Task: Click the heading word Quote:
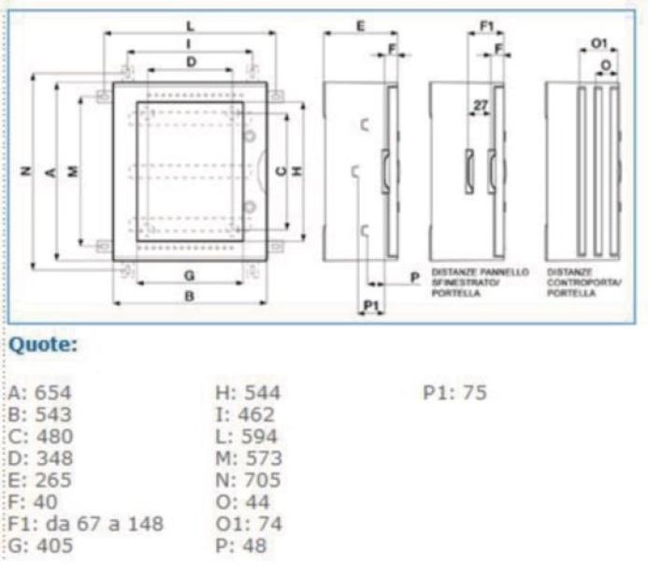pos(42,345)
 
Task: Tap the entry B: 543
pos(38,414)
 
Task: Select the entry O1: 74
pos(248,523)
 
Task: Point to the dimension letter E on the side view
pos(360,26)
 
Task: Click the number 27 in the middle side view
pos(480,106)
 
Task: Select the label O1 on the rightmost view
pos(599,42)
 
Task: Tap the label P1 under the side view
pos(370,306)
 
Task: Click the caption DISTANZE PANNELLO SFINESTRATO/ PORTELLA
pos(480,282)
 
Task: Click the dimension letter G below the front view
pos(189,275)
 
